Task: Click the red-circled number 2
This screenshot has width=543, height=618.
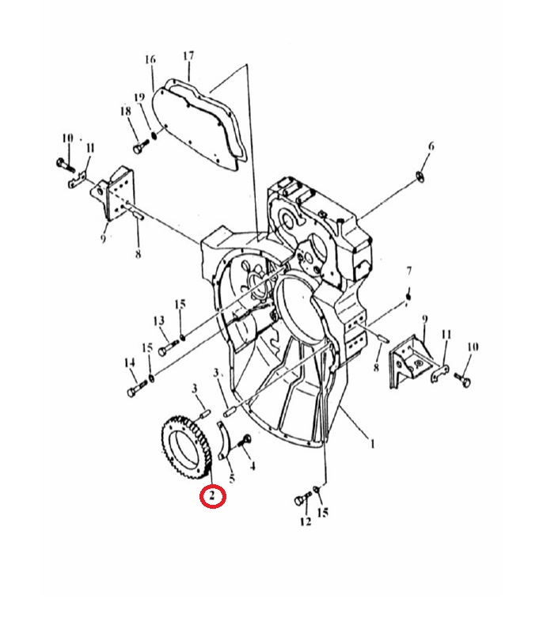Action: (x=213, y=496)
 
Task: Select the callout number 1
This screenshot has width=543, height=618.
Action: (x=371, y=444)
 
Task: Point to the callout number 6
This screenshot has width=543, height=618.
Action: (x=431, y=146)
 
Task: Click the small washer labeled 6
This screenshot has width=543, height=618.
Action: (x=420, y=177)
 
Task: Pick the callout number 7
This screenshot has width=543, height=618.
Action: (x=409, y=271)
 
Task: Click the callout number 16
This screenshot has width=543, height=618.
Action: (x=150, y=59)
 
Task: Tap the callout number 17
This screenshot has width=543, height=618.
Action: (x=188, y=56)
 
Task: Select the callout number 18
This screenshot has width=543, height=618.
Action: (x=125, y=111)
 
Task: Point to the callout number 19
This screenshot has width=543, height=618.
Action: (x=139, y=97)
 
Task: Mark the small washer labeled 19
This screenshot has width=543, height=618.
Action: (x=154, y=135)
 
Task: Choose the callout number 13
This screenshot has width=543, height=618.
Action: (x=159, y=320)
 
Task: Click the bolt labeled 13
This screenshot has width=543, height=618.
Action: (x=167, y=347)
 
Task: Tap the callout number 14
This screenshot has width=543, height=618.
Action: (x=130, y=362)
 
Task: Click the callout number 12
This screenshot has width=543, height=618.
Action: (x=306, y=521)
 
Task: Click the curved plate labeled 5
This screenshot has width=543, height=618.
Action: (x=223, y=441)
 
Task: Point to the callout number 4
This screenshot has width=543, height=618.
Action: (x=253, y=466)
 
